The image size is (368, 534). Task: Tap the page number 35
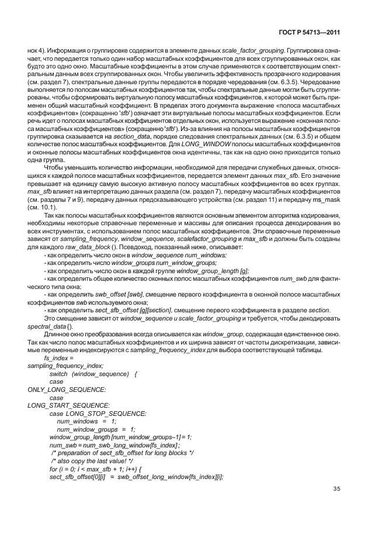click(336, 489)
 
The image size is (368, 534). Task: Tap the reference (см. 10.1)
click(41, 207)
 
